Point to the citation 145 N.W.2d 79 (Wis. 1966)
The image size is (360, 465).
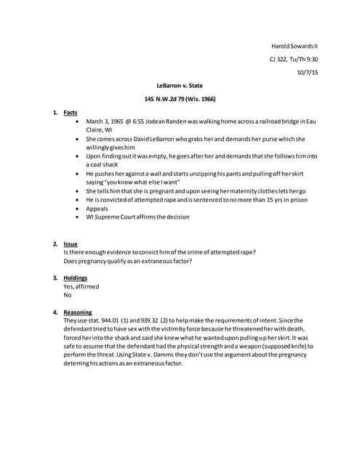[179, 99]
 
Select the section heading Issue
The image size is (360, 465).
[71, 243]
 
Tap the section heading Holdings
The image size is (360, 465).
[76, 278]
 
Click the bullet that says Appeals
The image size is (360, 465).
[97, 209]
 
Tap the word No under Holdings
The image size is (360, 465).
[68, 296]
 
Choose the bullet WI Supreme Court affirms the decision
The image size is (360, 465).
[137, 217]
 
